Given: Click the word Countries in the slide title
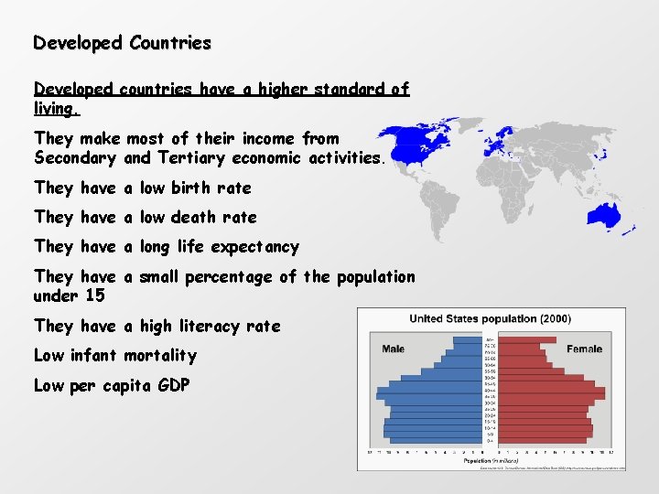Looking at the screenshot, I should coord(170,43).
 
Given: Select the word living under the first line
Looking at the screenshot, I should coord(56,109).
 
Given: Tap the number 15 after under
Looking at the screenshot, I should coord(94,296).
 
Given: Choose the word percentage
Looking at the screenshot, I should coord(232,277).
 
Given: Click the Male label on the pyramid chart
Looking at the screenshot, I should coord(394,349).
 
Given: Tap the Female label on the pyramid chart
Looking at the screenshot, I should coord(584,349).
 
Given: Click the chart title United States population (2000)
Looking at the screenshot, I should coord(490,319).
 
